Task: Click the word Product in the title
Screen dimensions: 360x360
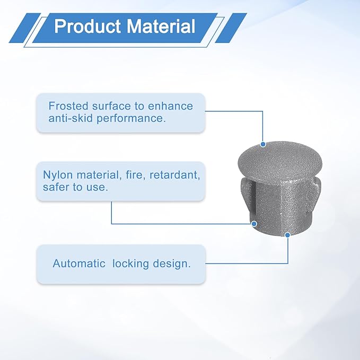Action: [87, 26]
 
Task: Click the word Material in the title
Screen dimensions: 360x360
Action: [161, 26]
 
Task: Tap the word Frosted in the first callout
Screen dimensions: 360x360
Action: [68, 106]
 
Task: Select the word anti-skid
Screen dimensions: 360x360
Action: [70, 118]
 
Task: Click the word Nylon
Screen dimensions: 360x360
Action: [58, 175]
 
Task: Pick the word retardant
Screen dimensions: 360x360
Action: [175, 175]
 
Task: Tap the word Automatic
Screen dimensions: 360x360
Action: [79, 264]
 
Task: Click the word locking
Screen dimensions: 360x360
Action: [130, 264]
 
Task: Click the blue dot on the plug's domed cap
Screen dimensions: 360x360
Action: [263, 144]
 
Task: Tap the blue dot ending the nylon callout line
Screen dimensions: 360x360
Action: [254, 224]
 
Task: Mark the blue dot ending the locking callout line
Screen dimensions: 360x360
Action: [287, 235]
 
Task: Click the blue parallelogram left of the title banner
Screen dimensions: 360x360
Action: [25, 28]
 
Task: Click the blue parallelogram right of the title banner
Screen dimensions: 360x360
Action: [231, 28]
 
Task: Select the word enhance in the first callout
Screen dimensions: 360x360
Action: [170, 106]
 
